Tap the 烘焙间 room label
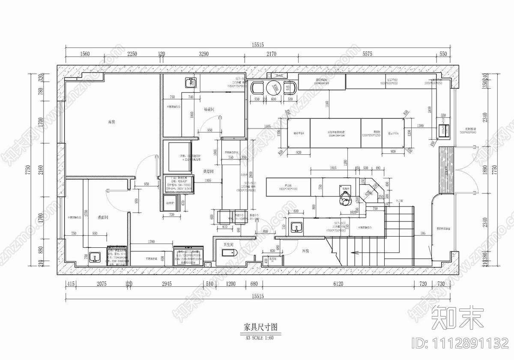pos(209,171)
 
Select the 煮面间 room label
pos(103,218)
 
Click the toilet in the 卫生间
pos(230,252)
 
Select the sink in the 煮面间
pos(95,258)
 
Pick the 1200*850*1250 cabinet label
pos(371,135)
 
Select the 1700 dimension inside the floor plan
pos(151,242)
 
